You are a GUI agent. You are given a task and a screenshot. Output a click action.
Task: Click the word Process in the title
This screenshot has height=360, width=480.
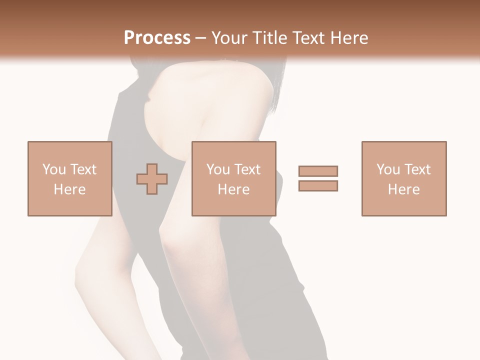157,38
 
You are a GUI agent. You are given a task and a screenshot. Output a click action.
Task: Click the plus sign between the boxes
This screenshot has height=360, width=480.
152,179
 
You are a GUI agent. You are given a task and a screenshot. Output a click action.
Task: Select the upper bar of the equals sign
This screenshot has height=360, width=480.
318,171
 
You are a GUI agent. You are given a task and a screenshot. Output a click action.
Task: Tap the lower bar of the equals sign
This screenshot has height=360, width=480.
318,186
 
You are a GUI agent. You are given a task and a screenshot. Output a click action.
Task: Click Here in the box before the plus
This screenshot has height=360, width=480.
69,189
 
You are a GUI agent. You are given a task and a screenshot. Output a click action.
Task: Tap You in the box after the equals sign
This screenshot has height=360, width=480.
387,169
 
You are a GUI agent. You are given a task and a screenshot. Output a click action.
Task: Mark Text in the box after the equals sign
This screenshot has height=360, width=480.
417,169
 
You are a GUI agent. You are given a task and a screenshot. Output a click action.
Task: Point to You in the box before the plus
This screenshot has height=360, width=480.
53,169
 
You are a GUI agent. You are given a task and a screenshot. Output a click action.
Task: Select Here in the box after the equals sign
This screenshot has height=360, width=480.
403,189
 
